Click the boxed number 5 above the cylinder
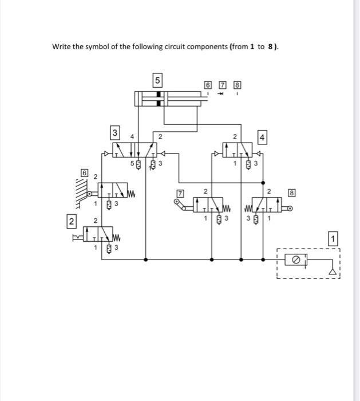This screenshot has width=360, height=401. [158, 79]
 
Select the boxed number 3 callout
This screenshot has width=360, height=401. [115, 133]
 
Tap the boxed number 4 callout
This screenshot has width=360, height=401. [262, 137]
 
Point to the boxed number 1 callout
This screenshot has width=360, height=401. [335, 238]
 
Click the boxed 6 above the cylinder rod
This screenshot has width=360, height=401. [208, 86]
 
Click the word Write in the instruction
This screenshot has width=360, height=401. [62, 47]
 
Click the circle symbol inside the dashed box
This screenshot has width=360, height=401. [296, 260]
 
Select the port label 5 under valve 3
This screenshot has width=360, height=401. [132, 163]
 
